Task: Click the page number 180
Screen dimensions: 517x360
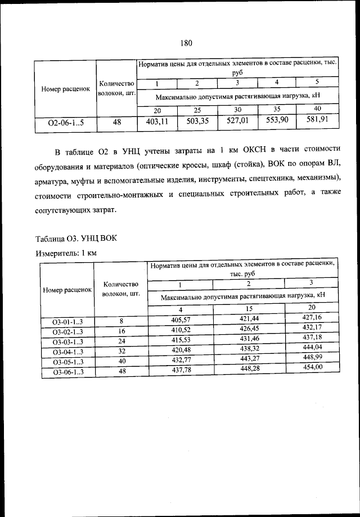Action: [x=187, y=43]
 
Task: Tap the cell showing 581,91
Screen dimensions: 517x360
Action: [x=317, y=119]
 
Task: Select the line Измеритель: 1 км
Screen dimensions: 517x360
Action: [x=66, y=253]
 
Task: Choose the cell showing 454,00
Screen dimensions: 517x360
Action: [x=312, y=367]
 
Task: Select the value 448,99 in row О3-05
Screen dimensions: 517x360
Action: [x=312, y=357]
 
